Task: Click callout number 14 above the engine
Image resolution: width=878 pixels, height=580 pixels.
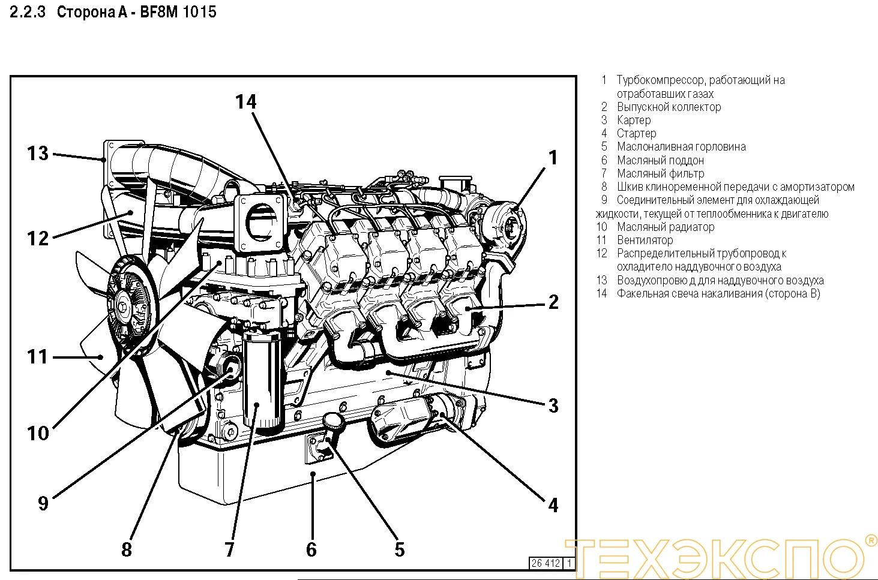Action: point(245,102)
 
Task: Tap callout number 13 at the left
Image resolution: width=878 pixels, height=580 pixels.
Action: point(37,154)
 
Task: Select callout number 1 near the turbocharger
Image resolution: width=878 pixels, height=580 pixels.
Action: point(553,158)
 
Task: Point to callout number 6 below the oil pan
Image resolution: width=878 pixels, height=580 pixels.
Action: point(311,549)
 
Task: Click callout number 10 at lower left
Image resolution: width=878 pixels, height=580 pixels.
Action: point(37,433)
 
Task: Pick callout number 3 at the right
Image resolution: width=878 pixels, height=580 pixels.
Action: point(553,405)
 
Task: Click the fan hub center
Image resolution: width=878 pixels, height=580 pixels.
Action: point(124,307)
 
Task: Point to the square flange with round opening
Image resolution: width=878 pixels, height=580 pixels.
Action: point(260,221)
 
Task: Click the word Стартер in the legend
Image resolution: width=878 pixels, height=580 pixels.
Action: point(636,133)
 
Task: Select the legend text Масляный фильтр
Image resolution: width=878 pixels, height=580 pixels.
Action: point(660,173)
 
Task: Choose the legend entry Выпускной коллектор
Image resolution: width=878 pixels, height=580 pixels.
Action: point(669,107)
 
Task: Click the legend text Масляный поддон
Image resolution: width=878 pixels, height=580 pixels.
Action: point(660,160)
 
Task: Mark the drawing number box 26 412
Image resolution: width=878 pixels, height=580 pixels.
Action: point(546,563)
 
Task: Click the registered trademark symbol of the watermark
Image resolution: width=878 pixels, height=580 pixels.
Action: point(870,541)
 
